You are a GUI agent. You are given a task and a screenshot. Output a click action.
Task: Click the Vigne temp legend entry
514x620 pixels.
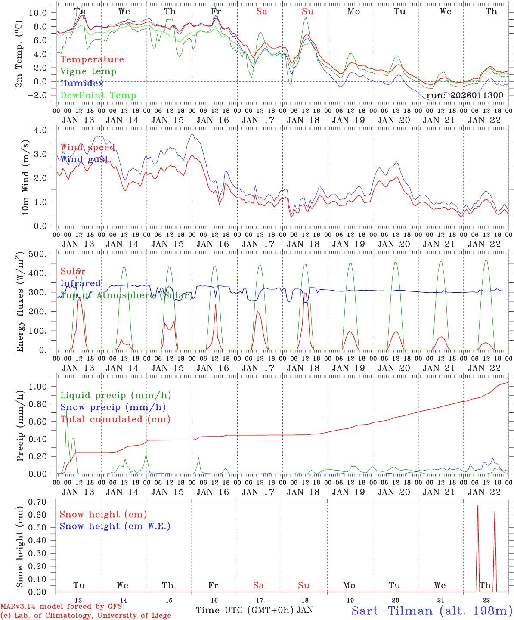click(x=88, y=71)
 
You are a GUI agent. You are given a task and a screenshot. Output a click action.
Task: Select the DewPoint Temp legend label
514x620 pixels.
click(x=98, y=96)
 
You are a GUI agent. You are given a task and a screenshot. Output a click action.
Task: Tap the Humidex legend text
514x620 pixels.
click(x=82, y=84)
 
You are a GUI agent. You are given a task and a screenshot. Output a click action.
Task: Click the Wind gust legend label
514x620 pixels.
click(x=87, y=160)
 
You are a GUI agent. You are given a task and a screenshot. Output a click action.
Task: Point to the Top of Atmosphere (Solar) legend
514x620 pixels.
click(x=126, y=295)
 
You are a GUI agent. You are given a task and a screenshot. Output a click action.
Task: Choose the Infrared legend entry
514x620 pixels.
click(x=81, y=283)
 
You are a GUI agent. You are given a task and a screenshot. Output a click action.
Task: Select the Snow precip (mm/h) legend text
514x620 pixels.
click(x=113, y=407)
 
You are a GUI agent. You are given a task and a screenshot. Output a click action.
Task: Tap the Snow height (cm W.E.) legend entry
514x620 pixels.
click(x=115, y=526)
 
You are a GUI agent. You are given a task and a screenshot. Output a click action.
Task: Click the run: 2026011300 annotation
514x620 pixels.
click(x=464, y=96)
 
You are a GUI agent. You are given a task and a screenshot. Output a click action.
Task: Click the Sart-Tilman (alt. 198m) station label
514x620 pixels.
click(x=432, y=611)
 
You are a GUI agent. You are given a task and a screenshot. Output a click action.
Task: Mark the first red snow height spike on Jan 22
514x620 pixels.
click(x=477, y=508)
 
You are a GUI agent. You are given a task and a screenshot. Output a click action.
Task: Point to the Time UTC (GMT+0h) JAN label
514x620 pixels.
click(x=254, y=610)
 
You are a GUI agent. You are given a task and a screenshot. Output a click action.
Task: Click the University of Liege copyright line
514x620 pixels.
click(x=85, y=616)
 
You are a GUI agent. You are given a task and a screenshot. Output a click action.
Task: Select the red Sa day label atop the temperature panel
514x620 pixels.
click(x=262, y=12)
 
